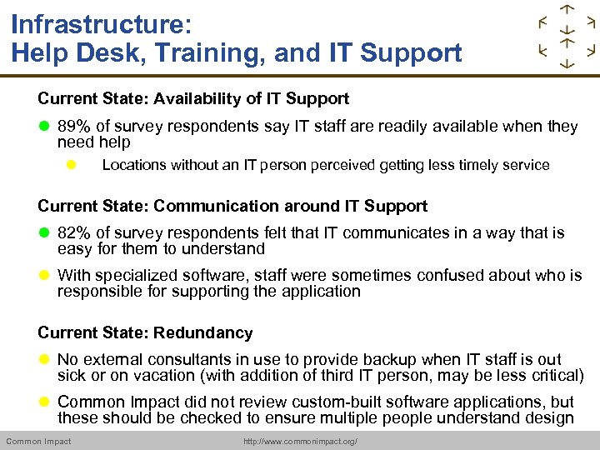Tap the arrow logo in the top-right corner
point(567,37)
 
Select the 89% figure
point(73,127)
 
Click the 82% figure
point(73,233)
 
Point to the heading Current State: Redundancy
point(145,332)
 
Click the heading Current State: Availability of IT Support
point(193,98)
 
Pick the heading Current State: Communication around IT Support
point(232,206)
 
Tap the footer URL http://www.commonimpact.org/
point(300,442)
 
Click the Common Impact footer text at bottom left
point(38,442)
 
